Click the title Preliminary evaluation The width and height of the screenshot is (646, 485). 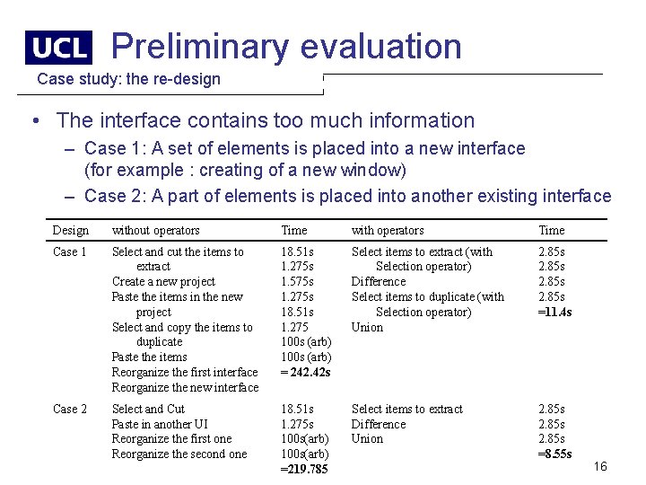point(286,46)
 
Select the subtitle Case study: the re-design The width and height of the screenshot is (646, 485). point(128,79)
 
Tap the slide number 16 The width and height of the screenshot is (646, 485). point(600,466)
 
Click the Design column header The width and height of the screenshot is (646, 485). point(71,231)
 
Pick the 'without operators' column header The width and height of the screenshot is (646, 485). point(155,231)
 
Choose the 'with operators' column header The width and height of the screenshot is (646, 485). point(388,231)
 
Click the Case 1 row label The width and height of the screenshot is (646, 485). point(70,252)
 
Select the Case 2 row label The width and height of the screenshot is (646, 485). point(70,410)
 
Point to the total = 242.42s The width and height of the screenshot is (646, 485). point(306,373)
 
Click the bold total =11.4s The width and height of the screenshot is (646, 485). point(555,313)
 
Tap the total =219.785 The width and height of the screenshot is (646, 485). point(304,470)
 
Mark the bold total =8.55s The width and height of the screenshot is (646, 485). point(555,454)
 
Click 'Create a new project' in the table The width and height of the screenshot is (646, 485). point(163,282)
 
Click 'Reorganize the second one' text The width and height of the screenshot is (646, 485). point(179,454)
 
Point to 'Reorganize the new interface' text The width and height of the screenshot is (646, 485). point(185,388)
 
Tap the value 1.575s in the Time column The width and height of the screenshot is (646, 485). point(298,282)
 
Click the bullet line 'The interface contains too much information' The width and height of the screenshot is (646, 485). point(265,120)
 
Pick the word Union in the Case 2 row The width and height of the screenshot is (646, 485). point(367,439)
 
